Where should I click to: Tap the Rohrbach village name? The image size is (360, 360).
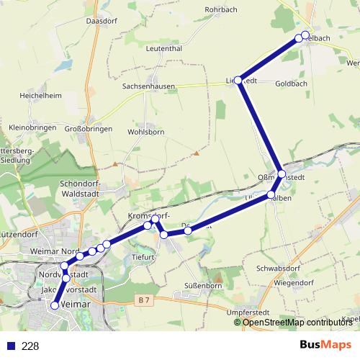click(221, 9)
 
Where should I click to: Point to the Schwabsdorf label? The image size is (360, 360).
click(276, 267)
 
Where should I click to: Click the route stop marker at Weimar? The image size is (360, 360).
click(55, 305)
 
